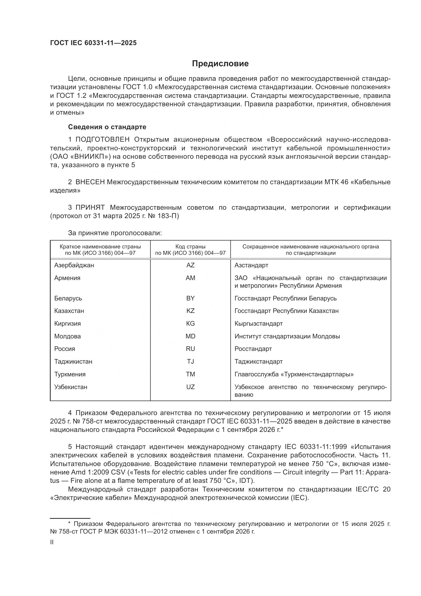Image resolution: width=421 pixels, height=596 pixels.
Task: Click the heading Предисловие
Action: pos(220,64)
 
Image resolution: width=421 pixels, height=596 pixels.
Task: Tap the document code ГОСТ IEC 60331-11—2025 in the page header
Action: pos(93,43)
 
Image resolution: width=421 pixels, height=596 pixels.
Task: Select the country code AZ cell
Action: pos(190,265)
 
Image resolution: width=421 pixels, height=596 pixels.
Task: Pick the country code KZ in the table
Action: pos(190,311)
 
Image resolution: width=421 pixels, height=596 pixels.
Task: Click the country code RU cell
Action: pos(190,349)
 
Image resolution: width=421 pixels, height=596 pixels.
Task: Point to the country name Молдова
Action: pos(67,336)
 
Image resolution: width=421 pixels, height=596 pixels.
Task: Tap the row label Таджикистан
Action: pos(73,361)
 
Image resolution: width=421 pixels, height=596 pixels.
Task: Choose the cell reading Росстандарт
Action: pos(253,349)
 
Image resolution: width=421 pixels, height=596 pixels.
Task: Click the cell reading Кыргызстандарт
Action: pos(258,323)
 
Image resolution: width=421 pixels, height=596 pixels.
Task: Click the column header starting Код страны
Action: pos(190,250)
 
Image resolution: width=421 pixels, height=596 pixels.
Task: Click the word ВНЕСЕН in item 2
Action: pos(90,182)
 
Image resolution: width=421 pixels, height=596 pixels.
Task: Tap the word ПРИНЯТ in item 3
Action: pos(90,207)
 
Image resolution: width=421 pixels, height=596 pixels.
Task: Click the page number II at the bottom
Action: pos(52,542)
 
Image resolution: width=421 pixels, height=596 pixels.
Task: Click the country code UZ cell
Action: pos(190,387)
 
